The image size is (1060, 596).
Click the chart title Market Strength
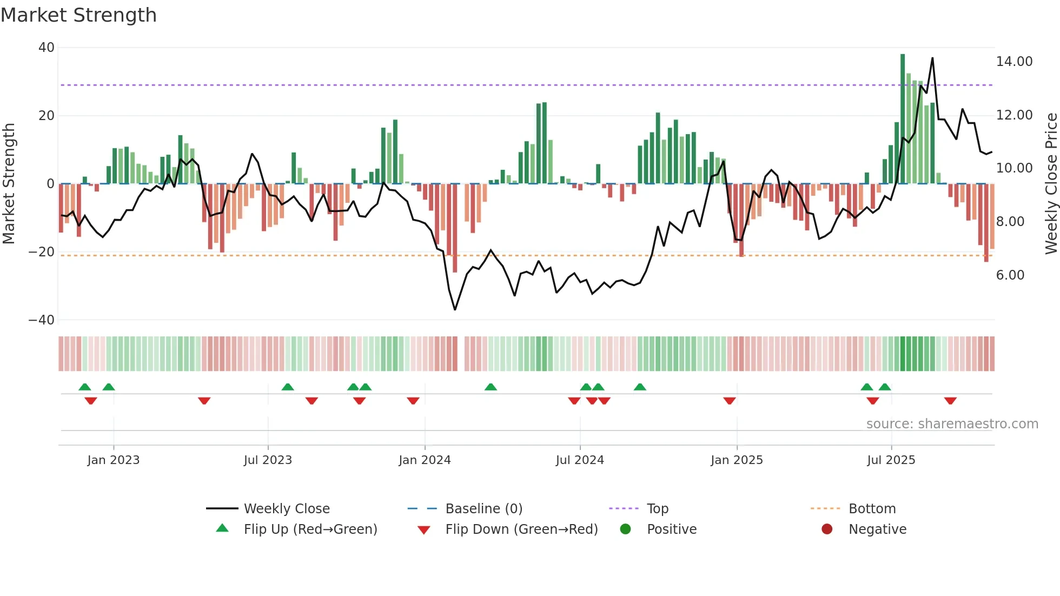click(78, 15)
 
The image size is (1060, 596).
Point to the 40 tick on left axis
click(47, 48)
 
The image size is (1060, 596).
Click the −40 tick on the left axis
click(42, 320)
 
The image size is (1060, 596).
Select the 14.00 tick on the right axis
click(1014, 62)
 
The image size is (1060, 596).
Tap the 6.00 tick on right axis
click(1010, 275)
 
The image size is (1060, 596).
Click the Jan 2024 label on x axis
click(425, 460)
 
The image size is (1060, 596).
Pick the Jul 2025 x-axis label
click(891, 460)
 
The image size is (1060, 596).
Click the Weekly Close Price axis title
click(1051, 183)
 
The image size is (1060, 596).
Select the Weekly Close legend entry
click(286, 509)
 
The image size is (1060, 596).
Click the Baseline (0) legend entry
click(483, 509)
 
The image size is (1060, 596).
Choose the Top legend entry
click(657, 509)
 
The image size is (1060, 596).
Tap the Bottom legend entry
click(872, 509)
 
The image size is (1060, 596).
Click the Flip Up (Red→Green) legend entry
click(310, 529)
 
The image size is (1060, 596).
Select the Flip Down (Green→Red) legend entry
click(521, 529)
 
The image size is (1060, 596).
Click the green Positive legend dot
click(625, 529)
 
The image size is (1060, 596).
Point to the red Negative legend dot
click(827, 529)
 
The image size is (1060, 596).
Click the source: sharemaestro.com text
click(952, 424)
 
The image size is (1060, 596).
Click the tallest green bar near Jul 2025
click(903, 119)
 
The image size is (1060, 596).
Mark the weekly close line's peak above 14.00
click(932, 58)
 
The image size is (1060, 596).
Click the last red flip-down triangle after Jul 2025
click(950, 401)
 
